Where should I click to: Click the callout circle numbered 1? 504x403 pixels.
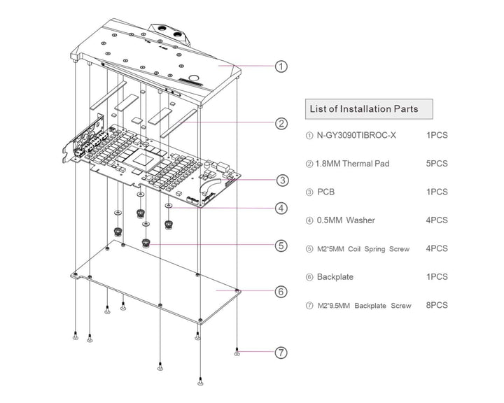(x=280, y=67)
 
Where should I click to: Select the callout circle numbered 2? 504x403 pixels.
(x=280, y=124)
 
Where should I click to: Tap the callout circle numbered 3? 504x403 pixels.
(x=280, y=181)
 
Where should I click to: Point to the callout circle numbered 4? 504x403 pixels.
(x=280, y=208)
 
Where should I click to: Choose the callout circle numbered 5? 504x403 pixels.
(x=280, y=246)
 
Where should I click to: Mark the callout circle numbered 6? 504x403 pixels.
(x=280, y=291)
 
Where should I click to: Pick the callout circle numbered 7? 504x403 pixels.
(x=280, y=353)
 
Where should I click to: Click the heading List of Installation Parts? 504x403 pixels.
(x=363, y=108)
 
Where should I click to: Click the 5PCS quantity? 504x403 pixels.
(x=437, y=164)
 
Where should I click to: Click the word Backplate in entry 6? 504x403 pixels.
(x=335, y=277)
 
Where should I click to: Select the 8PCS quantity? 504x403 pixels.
(x=437, y=306)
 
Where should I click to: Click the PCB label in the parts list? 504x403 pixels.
(x=327, y=192)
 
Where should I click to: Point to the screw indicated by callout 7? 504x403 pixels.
(x=237, y=353)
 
